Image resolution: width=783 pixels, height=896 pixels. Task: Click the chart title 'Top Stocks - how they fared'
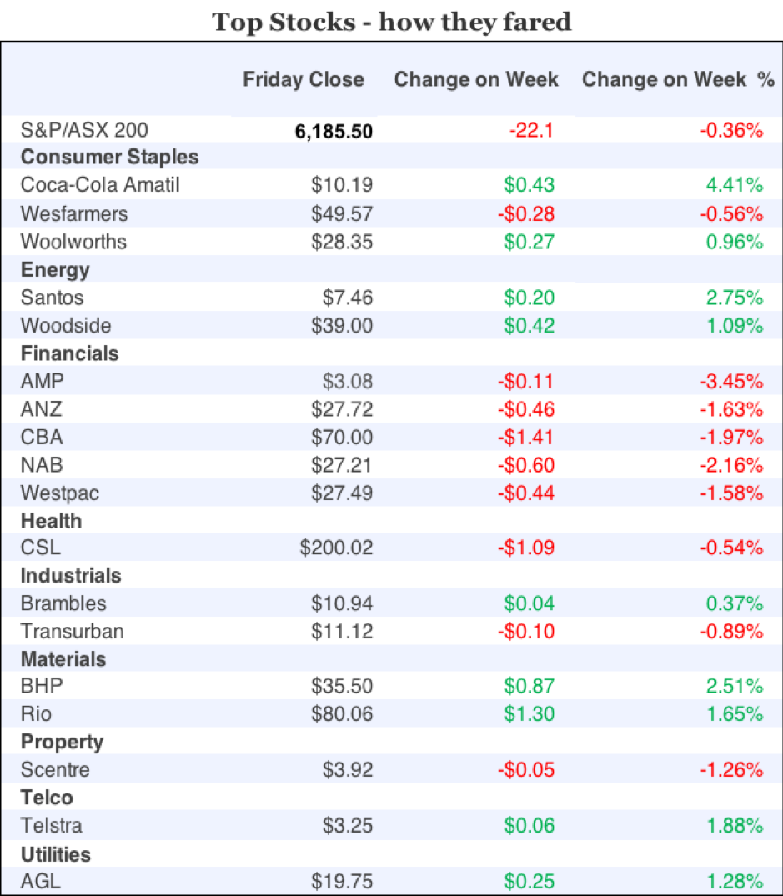click(391, 21)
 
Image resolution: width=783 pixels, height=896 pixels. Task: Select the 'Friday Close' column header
click(304, 80)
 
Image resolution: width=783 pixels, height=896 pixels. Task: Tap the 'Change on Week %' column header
click(678, 80)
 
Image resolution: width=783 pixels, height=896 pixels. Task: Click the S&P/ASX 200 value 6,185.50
click(334, 131)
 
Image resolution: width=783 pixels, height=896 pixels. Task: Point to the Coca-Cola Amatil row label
click(100, 185)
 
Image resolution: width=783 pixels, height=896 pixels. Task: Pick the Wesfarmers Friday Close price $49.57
click(342, 213)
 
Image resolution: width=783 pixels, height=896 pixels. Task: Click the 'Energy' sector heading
click(55, 269)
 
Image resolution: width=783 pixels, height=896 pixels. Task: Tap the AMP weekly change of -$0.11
click(526, 382)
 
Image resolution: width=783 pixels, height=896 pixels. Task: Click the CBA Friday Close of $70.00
click(342, 437)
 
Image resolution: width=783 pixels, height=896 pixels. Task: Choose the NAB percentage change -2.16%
click(731, 465)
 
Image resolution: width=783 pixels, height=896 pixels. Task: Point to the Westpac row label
click(60, 493)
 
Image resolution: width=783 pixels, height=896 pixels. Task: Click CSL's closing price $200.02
click(337, 548)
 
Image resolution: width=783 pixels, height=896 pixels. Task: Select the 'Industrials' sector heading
click(71, 576)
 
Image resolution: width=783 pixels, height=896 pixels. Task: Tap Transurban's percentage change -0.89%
click(731, 632)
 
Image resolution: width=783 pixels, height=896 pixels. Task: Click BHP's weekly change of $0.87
click(530, 687)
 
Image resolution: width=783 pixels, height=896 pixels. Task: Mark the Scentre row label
click(55, 770)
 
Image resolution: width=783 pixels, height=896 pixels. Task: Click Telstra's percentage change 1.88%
click(734, 826)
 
